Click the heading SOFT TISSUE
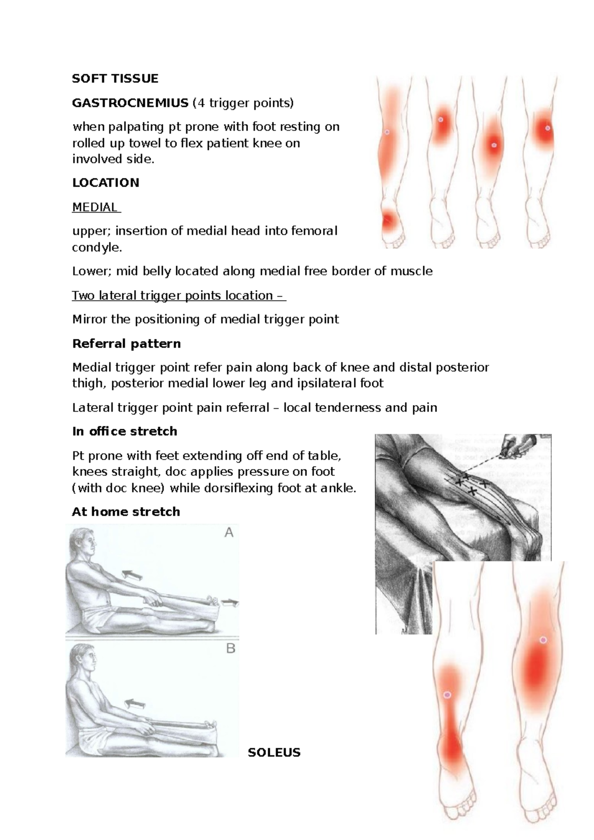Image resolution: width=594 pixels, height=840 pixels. click(x=115, y=79)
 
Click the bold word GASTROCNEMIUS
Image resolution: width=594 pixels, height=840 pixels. click(x=130, y=103)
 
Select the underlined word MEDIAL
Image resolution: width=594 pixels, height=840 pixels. click(x=95, y=207)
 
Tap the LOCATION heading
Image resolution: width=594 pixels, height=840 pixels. click(x=105, y=183)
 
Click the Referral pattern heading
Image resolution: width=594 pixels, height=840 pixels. click(x=126, y=344)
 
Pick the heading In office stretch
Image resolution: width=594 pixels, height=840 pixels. click(x=124, y=431)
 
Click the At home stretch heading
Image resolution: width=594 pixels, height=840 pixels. click(x=126, y=512)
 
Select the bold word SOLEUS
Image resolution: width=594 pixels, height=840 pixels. click(x=274, y=753)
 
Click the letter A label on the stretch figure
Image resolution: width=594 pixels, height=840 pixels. click(x=229, y=533)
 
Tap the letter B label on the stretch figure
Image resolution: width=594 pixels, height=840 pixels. click(x=230, y=648)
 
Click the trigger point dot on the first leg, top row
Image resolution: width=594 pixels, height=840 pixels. click(x=387, y=132)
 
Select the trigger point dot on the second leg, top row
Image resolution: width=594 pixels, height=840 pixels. click(x=440, y=119)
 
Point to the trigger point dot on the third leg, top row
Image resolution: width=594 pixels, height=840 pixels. click(x=494, y=145)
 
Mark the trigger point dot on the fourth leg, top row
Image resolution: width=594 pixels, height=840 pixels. click(x=547, y=128)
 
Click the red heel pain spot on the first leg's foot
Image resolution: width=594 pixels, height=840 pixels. click(x=388, y=219)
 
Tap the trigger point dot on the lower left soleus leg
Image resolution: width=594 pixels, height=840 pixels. click(x=447, y=695)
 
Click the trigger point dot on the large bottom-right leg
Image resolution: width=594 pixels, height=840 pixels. click(x=543, y=640)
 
